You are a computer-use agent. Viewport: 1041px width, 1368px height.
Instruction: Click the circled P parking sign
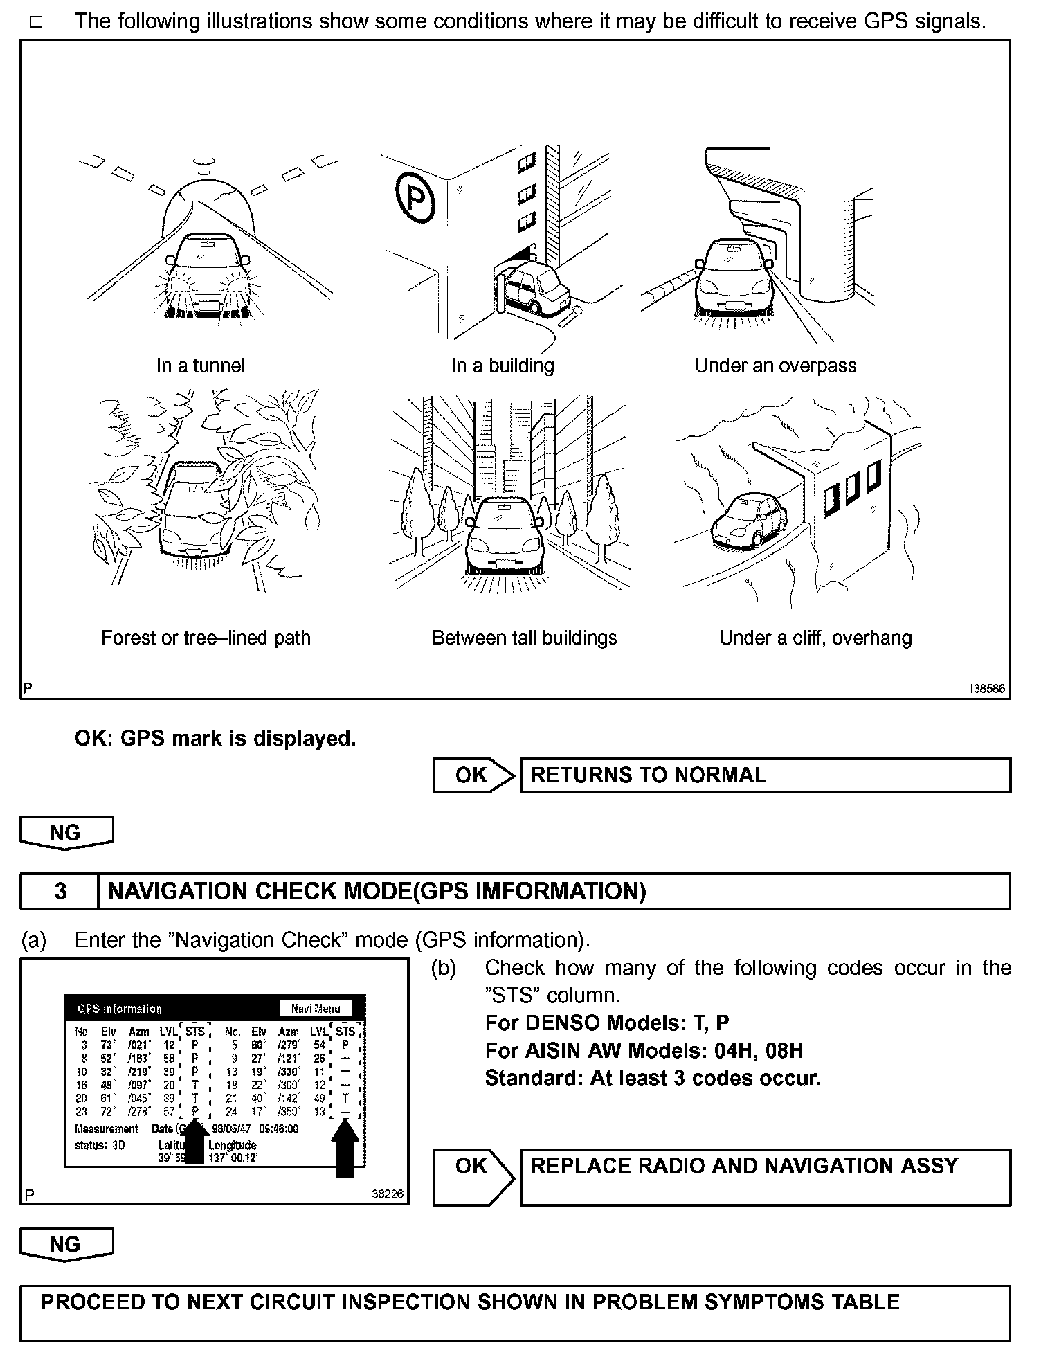click(415, 197)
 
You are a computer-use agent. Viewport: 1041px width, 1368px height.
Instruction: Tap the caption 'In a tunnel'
click(201, 366)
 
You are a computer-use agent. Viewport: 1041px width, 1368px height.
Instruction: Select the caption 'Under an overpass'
click(775, 366)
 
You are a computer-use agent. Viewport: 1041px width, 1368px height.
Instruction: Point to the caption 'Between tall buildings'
click(524, 638)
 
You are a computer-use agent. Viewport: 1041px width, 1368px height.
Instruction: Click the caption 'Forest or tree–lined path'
click(206, 638)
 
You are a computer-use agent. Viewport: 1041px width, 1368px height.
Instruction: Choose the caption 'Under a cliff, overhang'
click(815, 638)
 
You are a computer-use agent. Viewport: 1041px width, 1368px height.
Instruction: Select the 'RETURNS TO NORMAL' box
click(765, 775)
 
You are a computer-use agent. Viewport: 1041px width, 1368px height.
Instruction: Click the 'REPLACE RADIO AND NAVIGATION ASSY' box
click(765, 1177)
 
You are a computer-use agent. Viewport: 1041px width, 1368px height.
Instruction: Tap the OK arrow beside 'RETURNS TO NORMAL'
click(473, 775)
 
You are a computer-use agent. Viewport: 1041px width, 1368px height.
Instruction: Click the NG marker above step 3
click(66, 832)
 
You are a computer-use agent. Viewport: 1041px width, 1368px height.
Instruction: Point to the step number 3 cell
click(60, 891)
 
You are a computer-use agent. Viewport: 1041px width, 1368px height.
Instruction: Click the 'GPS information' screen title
click(119, 1009)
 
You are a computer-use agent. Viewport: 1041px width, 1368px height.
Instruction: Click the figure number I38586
click(986, 690)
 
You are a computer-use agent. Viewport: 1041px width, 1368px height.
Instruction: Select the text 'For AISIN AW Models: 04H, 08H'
click(644, 1051)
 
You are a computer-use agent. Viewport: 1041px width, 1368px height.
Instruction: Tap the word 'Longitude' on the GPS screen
click(233, 1146)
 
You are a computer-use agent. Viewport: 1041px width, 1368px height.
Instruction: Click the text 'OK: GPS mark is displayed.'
click(215, 739)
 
